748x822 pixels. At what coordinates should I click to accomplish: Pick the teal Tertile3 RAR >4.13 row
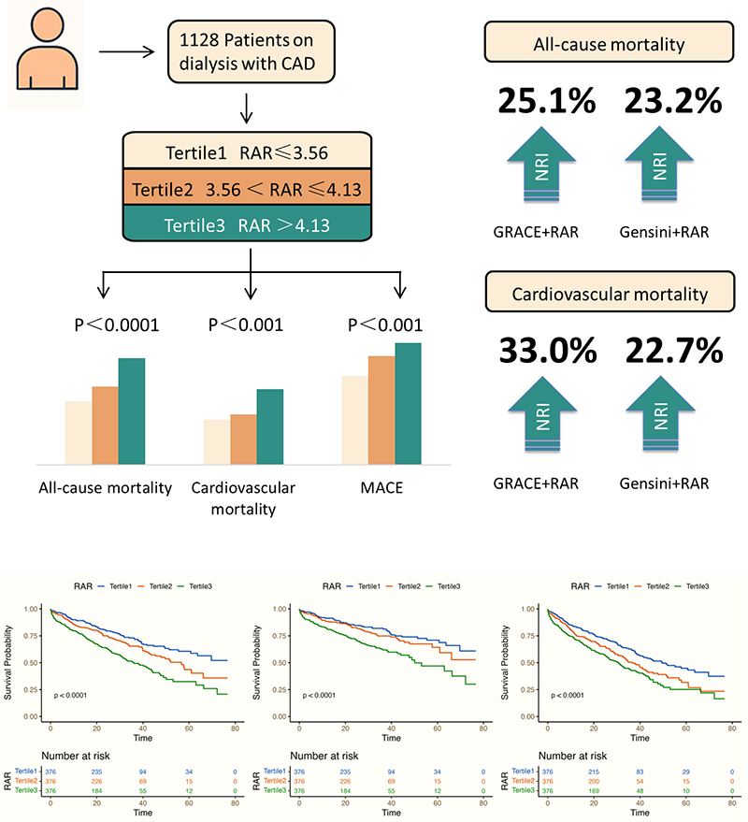pos(251,225)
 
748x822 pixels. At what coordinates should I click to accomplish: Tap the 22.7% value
pos(669,351)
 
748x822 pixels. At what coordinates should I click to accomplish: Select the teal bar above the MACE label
pos(408,403)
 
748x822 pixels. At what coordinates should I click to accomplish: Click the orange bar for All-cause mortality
pos(105,425)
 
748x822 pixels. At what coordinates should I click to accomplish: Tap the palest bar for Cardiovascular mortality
pos(217,441)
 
